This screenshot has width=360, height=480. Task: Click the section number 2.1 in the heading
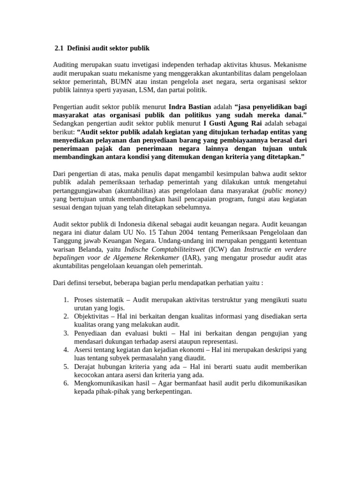click(x=60, y=48)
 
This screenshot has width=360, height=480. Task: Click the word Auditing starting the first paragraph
click(x=66, y=64)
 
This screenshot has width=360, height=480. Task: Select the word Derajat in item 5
click(x=85, y=367)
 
